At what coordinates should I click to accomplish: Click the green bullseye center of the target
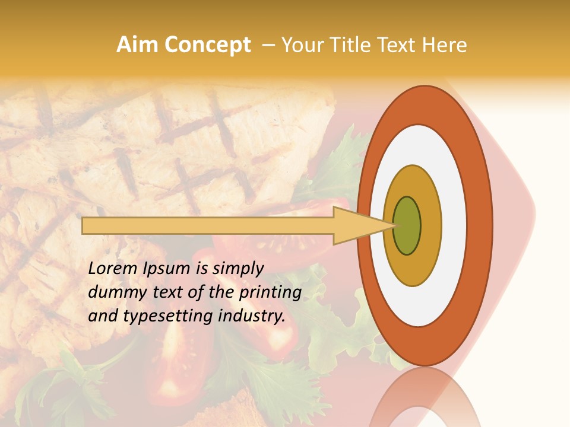click(x=407, y=226)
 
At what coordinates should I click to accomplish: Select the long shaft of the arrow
click(x=208, y=226)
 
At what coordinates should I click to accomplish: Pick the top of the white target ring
click(x=419, y=134)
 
